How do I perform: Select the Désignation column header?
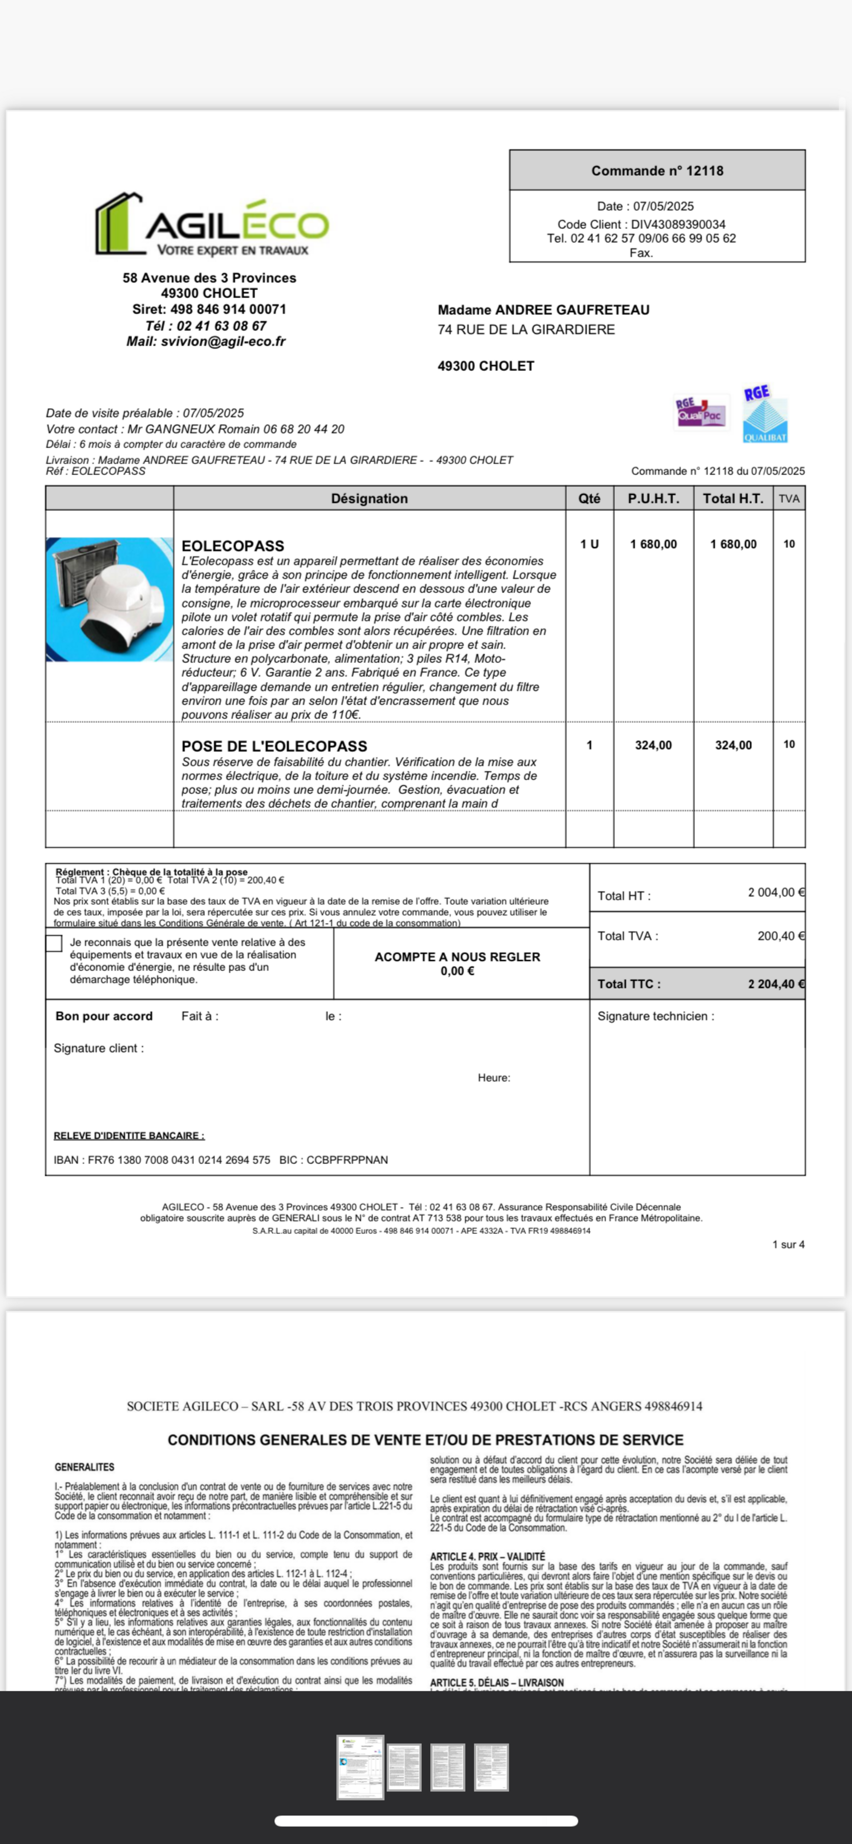tap(369, 498)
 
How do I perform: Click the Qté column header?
tap(589, 498)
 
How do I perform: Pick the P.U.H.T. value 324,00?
tap(653, 745)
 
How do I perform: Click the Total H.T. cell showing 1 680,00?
tap(733, 544)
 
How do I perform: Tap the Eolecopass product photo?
tap(109, 599)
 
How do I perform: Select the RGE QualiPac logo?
tap(700, 412)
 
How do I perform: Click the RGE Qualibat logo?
tap(765, 415)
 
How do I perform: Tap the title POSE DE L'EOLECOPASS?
tap(274, 746)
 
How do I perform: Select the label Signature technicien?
tap(655, 1016)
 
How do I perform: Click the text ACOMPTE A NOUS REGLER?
tap(457, 957)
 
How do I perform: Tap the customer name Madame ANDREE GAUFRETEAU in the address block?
tap(544, 310)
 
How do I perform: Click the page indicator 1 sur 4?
tap(788, 1244)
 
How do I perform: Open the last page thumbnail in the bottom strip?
tap(491, 1767)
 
